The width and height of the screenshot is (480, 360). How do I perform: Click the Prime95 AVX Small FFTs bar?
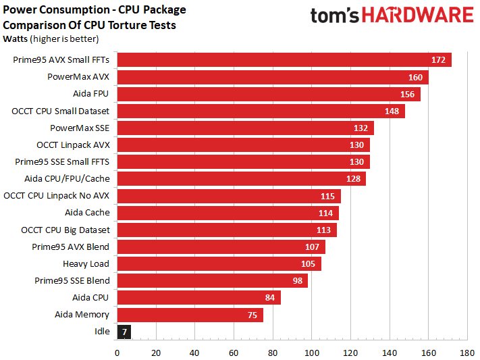284,60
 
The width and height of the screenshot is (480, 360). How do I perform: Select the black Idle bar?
124,332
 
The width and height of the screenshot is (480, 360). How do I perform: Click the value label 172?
438,60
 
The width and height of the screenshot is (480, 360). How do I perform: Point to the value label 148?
392,111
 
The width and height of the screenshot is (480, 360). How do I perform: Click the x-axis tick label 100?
312,353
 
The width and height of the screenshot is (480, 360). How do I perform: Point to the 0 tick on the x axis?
117,353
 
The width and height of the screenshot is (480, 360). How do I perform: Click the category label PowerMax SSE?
80,128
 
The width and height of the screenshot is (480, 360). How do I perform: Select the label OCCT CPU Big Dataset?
65,230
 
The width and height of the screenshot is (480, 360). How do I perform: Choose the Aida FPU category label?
90,94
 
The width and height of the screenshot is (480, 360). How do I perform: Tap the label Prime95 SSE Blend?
72,280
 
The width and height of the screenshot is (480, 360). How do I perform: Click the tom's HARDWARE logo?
392,16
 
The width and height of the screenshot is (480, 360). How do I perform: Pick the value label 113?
323,230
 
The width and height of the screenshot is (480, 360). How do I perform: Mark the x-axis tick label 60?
234,353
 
